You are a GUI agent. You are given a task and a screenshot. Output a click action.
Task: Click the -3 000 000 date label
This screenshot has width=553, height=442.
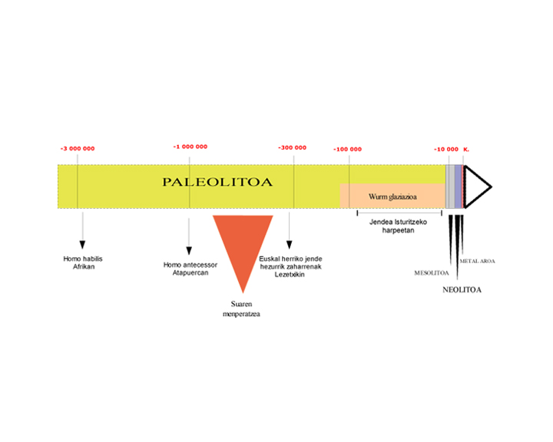click(x=78, y=149)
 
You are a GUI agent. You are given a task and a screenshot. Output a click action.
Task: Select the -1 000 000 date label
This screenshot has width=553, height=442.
click(x=190, y=147)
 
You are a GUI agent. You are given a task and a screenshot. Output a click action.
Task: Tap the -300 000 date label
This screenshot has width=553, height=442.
click(x=293, y=147)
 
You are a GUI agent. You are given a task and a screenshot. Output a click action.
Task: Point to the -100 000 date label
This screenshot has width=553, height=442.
click(x=348, y=150)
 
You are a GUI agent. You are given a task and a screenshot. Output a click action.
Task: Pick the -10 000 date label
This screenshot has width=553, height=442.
click(x=446, y=150)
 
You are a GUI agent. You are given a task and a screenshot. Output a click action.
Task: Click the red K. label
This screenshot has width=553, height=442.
click(x=466, y=150)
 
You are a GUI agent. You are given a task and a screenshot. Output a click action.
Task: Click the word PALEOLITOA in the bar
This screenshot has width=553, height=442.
click(x=217, y=182)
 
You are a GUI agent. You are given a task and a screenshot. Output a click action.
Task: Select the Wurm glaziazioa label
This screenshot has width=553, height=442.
click(x=392, y=196)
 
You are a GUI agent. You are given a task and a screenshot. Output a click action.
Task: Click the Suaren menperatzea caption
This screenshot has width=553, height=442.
click(x=242, y=308)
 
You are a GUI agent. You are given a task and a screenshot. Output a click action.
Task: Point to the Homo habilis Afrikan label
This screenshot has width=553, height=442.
click(x=83, y=262)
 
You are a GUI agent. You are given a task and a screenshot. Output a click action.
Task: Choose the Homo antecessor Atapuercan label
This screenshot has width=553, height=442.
click(x=190, y=269)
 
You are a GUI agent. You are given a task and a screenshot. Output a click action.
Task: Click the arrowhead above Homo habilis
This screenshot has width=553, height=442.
click(x=82, y=245)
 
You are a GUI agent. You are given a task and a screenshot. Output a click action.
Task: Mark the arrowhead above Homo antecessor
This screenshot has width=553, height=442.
click(x=189, y=251)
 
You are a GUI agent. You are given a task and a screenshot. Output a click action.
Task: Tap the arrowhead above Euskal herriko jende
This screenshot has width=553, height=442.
click(x=290, y=245)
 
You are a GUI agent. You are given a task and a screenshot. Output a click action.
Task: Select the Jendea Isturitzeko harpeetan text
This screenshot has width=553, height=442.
click(x=398, y=226)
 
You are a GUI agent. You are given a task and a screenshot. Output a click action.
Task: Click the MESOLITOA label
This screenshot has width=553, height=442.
click(x=432, y=273)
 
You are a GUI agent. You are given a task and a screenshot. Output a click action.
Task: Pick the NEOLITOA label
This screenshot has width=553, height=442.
click(x=462, y=290)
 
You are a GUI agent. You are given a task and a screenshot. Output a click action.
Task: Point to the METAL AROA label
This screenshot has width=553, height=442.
click(x=477, y=261)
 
